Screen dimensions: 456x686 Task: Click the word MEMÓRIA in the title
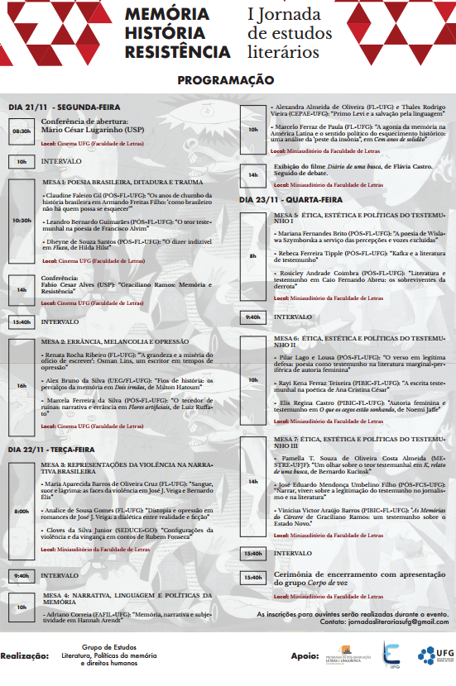pyautogui.click(x=166, y=14)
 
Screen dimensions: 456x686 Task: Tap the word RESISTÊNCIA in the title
pyautogui.click(x=178, y=51)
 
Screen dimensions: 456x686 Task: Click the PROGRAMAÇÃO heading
pyautogui.click(x=225, y=80)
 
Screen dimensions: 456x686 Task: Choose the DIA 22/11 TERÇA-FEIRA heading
pyautogui.click(x=52, y=450)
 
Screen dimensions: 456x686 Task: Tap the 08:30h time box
pyautogui.click(x=22, y=131)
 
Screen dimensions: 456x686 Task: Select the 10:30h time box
pyautogui.click(x=22, y=220)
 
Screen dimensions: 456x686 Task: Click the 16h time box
pyautogui.click(x=22, y=385)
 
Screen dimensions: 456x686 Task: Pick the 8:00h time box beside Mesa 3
pyautogui.click(x=22, y=511)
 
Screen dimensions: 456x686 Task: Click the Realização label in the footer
pyautogui.click(x=25, y=655)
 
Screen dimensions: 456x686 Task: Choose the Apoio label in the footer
pyautogui.click(x=305, y=655)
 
